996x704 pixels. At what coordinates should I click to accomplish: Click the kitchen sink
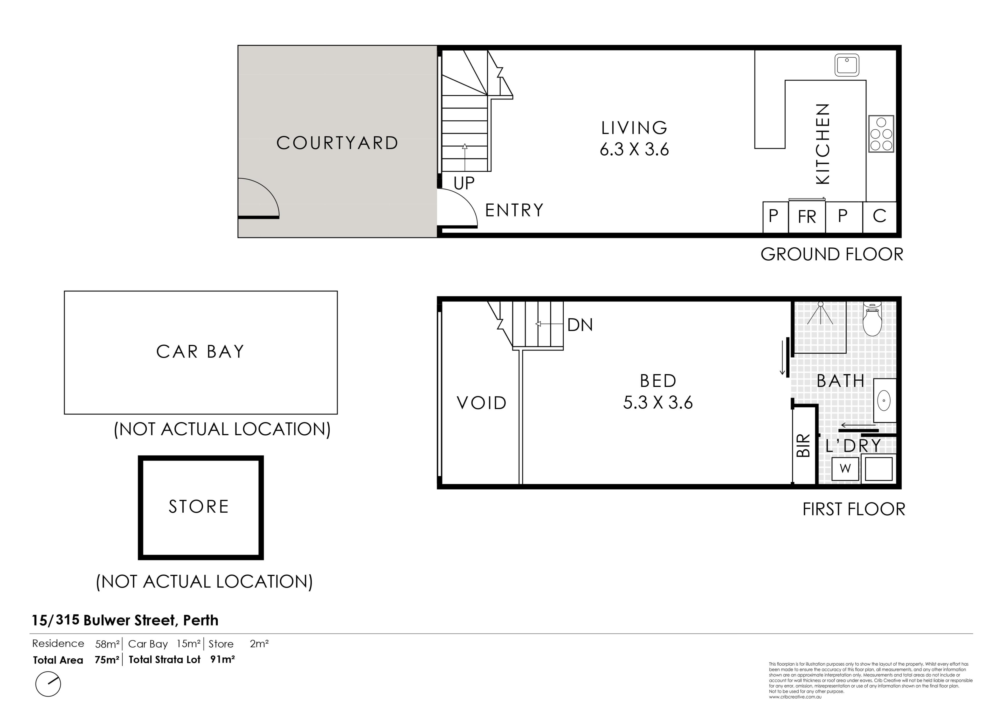[x=847, y=66]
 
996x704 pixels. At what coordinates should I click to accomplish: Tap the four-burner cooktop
[x=881, y=134]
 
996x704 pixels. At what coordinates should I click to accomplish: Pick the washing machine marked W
[x=846, y=469]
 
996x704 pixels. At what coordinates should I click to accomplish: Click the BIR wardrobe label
[x=803, y=445]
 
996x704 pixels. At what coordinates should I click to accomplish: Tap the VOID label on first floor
[x=481, y=403]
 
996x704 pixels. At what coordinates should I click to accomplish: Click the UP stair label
[x=464, y=184]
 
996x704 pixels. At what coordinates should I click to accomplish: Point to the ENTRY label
[x=514, y=210]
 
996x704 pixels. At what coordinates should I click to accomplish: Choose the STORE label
[x=199, y=507]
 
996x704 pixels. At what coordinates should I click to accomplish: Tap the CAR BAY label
[x=200, y=351]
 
